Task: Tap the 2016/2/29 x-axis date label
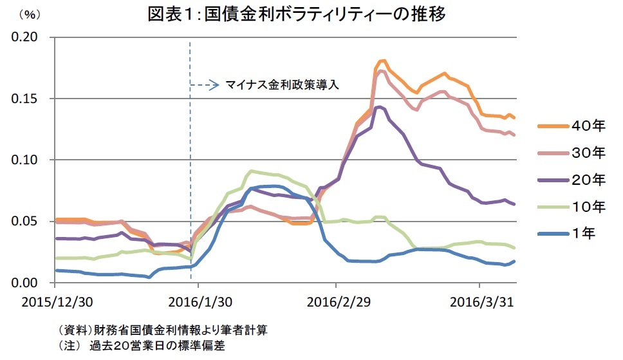pos(335,301)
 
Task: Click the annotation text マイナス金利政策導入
pos(281,84)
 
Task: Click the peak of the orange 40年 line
pos(382,61)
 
